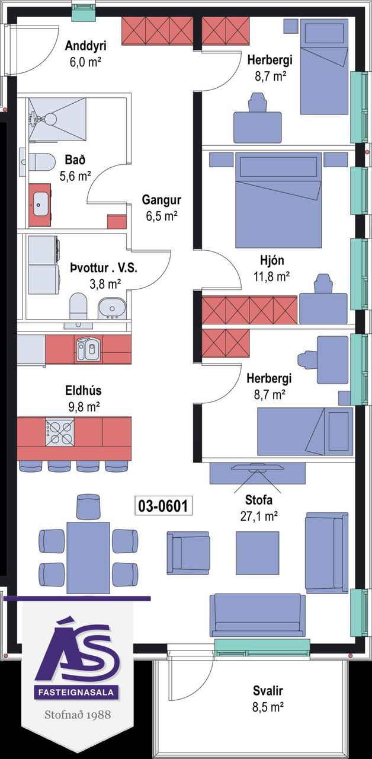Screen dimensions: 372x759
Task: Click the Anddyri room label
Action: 86,46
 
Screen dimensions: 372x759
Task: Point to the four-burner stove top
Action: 60,432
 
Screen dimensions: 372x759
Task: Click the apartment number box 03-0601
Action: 163,506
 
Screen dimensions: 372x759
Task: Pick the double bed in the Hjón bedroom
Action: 278,200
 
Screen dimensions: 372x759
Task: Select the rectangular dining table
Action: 88,558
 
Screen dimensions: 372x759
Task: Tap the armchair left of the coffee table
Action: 188,553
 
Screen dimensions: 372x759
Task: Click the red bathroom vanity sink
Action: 40,205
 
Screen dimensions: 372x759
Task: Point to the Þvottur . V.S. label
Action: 104,269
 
